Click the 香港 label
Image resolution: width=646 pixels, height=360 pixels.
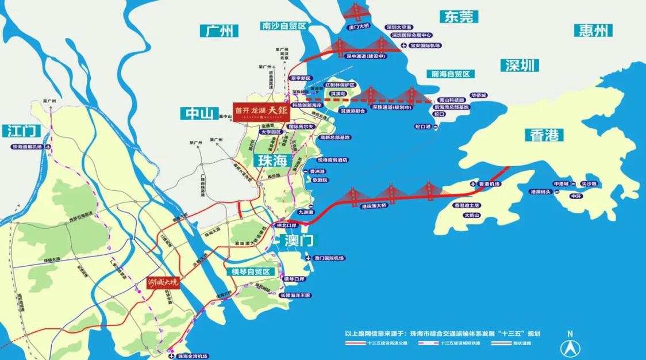click(543, 136)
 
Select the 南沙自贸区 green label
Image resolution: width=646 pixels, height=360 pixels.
click(284, 26)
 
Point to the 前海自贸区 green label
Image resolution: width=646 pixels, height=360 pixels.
click(451, 74)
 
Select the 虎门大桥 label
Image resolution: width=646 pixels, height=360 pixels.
click(360, 26)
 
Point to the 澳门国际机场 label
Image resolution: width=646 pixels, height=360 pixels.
click(329, 258)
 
